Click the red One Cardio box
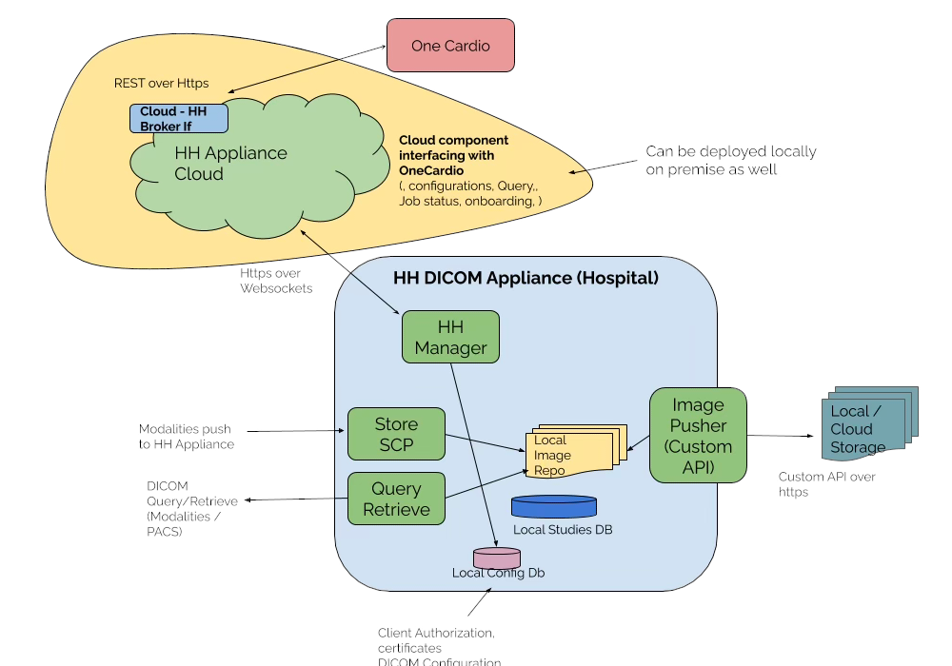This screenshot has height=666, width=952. pyautogui.click(x=450, y=45)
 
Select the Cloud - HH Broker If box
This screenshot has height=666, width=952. pyautogui.click(x=180, y=119)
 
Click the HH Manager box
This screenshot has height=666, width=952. pyautogui.click(x=450, y=337)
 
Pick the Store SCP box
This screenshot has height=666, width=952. pyautogui.click(x=396, y=434)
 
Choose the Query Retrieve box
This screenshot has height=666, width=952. pyautogui.click(x=396, y=499)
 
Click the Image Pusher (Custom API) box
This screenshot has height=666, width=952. pyautogui.click(x=698, y=435)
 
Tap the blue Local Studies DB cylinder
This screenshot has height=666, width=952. pyautogui.click(x=554, y=507)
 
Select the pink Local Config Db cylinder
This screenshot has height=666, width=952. pyautogui.click(x=498, y=558)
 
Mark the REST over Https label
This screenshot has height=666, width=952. pyautogui.click(x=161, y=84)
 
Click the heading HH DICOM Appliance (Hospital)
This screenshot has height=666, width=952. pyautogui.click(x=526, y=279)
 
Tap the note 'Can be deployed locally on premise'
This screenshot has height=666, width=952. pyautogui.click(x=730, y=160)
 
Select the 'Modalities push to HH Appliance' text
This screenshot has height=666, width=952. pyautogui.click(x=186, y=437)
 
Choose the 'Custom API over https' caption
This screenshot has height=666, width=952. pyautogui.click(x=826, y=484)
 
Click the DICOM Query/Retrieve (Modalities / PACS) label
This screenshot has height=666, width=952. pyautogui.click(x=184, y=509)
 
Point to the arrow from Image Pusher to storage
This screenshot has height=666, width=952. pyautogui.click(x=783, y=436)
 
